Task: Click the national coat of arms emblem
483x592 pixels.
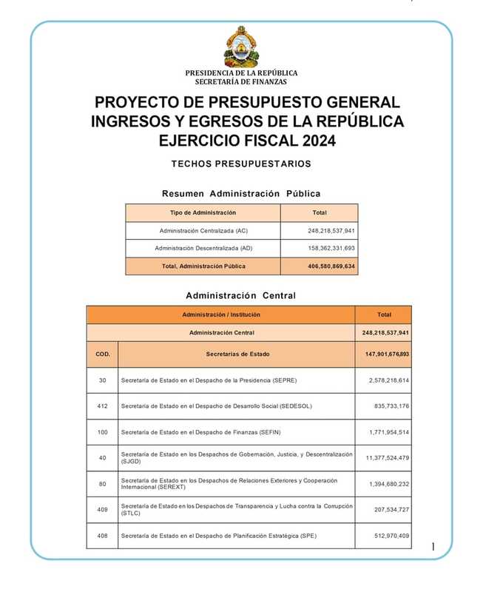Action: point(241,47)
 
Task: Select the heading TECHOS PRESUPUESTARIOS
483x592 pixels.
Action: point(241,164)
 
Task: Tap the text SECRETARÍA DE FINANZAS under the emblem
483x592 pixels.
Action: point(241,82)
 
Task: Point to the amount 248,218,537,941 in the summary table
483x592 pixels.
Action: point(331,231)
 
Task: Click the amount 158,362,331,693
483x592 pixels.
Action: point(331,248)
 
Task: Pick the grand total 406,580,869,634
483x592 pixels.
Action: point(331,266)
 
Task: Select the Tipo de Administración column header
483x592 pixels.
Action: point(203,213)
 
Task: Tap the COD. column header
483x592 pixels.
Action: point(103,354)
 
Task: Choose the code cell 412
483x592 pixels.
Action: point(102,406)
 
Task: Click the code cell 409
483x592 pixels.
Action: point(102,509)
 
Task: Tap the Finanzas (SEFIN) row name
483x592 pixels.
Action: point(200,432)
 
